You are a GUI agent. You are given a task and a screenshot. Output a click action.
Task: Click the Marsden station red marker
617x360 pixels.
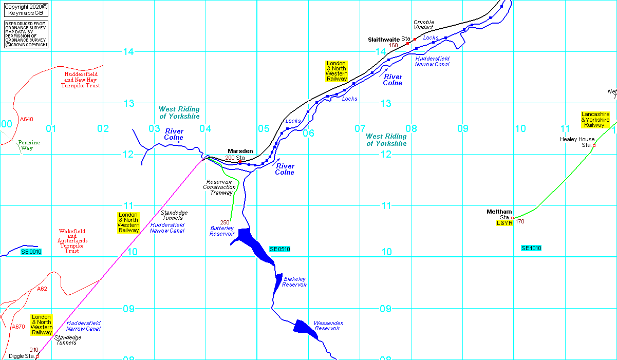pyautogui.click(x=240, y=162)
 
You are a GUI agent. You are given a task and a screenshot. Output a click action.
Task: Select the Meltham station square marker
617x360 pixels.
pyautogui.click(x=512, y=218)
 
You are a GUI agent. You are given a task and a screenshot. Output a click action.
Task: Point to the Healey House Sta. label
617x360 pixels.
pyautogui.click(x=577, y=142)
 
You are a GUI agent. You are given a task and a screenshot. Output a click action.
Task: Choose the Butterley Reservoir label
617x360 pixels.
pyautogui.click(x=222, y=231)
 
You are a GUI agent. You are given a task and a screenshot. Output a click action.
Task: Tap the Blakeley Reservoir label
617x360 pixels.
pyautogui.click(x=294, y=282)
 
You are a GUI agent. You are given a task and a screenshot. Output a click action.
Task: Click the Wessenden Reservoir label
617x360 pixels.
pyautogui.click(x=329, y=326)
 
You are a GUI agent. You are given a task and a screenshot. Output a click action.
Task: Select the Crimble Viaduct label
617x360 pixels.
pyautogui.click(x=424, y=25)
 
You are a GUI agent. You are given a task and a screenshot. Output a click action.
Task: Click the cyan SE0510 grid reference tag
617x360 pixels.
pyautogui.click(x=280, y=249)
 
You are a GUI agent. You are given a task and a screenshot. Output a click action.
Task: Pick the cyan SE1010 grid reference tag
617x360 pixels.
pyautogui.click(x=531, y=248)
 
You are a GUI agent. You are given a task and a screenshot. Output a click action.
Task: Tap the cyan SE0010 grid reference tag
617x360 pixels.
pyautogui.click(x=31, y=252)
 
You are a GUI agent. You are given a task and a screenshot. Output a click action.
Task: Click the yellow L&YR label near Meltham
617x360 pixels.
pyautogui.click(x=504, y=223)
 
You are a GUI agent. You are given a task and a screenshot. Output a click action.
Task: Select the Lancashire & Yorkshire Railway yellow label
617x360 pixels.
pyautogui.click(x=595, y=120)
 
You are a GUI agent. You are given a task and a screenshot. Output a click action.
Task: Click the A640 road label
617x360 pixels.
pyautogui.click(x=26, y=119)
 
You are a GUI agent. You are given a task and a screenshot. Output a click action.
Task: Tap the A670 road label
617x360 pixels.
pyautogui.click(x=18, y=327)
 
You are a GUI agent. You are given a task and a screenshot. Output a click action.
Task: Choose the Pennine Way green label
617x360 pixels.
pyautogui.click(x=29, y=145)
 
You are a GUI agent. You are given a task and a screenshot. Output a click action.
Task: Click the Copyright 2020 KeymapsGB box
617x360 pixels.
pyautogui.click(x=26, y=10)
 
